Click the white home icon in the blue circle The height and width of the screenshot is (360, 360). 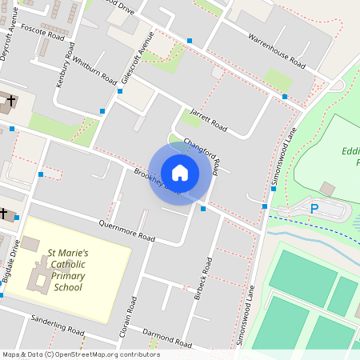click(180, 172)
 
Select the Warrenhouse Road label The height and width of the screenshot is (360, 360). click(277, 50)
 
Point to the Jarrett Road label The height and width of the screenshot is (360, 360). click(209, 120)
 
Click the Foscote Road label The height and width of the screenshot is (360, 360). click(42, 32)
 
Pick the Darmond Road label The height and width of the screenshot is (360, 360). click(167, 337)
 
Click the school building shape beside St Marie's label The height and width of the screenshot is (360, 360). click(37, 272)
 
